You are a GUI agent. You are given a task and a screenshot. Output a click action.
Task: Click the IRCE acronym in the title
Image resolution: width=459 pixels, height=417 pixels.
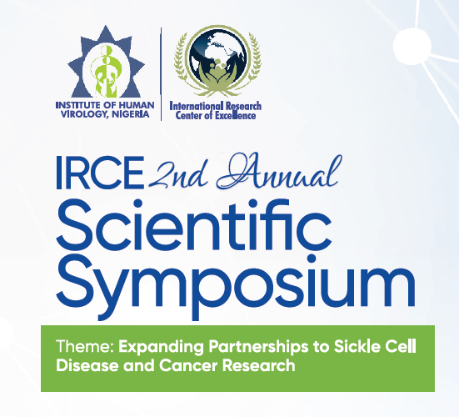[x=100, y=173]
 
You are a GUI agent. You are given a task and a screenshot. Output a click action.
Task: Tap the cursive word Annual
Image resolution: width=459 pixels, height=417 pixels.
[x=280, y=171]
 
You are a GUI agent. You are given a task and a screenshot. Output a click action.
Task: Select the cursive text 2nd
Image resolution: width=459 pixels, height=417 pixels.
[x=178, y=174]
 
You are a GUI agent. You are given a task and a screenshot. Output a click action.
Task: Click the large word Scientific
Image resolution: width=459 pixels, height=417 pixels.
[x=194, y=225]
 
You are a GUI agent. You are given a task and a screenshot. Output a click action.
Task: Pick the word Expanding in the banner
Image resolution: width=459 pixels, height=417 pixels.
[x=161, y=347]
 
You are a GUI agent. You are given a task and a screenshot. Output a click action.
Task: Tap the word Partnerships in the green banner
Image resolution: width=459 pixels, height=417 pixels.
[x=258, y=347]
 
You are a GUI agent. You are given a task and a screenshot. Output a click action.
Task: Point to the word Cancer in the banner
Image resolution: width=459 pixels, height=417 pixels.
[x=188, y=365]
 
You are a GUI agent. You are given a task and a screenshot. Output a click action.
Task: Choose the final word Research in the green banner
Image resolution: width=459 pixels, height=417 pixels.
[x=259, y=365]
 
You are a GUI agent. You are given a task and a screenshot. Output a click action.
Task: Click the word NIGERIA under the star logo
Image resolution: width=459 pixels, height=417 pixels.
[x=131, y=114]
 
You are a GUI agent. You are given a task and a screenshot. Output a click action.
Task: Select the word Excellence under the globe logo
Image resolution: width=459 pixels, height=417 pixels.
[x=236, y=115]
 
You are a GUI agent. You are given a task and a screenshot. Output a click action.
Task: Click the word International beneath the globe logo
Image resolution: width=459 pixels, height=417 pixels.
[x=197, y=106]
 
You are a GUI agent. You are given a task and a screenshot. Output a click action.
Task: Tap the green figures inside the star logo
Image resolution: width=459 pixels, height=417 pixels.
[x=106, y=71]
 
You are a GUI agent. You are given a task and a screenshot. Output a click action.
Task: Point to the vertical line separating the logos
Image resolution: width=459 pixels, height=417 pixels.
[x=161, y=74]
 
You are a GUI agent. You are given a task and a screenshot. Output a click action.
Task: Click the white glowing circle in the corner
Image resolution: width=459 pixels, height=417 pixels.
[x=412, y=47]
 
